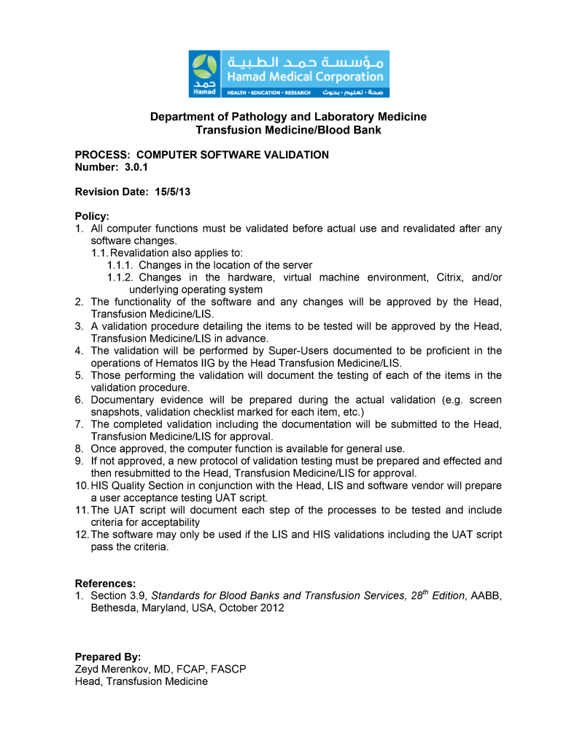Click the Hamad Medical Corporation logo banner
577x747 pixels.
coord(289,74)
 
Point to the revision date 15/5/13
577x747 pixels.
coord(174,191)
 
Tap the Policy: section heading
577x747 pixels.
coord(92,216)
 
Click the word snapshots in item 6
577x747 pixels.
coord(116,412)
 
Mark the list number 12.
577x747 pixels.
coord(82,535)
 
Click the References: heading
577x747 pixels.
coord(106,583)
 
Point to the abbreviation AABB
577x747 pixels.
coord(486,596)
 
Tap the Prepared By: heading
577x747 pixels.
coord(108,656)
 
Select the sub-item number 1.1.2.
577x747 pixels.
coord(120,277)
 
